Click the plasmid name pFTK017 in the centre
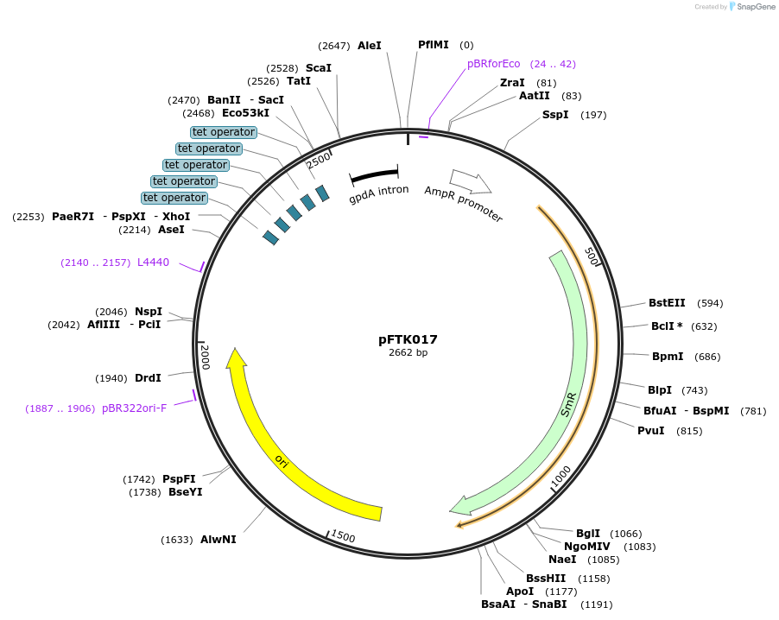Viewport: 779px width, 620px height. pos(408,339)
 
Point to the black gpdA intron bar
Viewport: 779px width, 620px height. pos(374,175)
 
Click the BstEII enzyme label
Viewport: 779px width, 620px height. pos(667,303)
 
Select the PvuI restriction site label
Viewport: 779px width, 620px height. pos(651,431)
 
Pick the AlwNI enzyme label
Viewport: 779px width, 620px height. pos(218,540)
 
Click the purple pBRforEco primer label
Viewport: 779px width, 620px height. pos(494,64)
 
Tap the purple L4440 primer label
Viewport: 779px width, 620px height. pos(153,263)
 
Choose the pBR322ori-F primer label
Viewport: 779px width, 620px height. pos(134,408)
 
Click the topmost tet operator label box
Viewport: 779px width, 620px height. pos(224,132)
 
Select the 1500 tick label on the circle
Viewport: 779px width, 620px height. pos(343,537)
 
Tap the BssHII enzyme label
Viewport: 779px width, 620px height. pos(546,578)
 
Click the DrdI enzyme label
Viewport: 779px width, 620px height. pos(148,378)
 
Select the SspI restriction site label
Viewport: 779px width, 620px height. pos(555,115)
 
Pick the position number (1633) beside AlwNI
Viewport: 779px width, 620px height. pos(176,540)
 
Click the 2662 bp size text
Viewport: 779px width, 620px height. pos(408,352)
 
